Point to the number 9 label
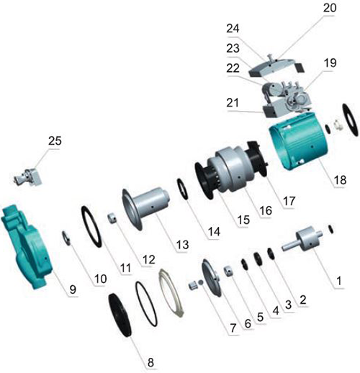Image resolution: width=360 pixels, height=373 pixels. [x=72, y=289]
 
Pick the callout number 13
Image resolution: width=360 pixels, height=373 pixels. [x=183, y=246]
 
